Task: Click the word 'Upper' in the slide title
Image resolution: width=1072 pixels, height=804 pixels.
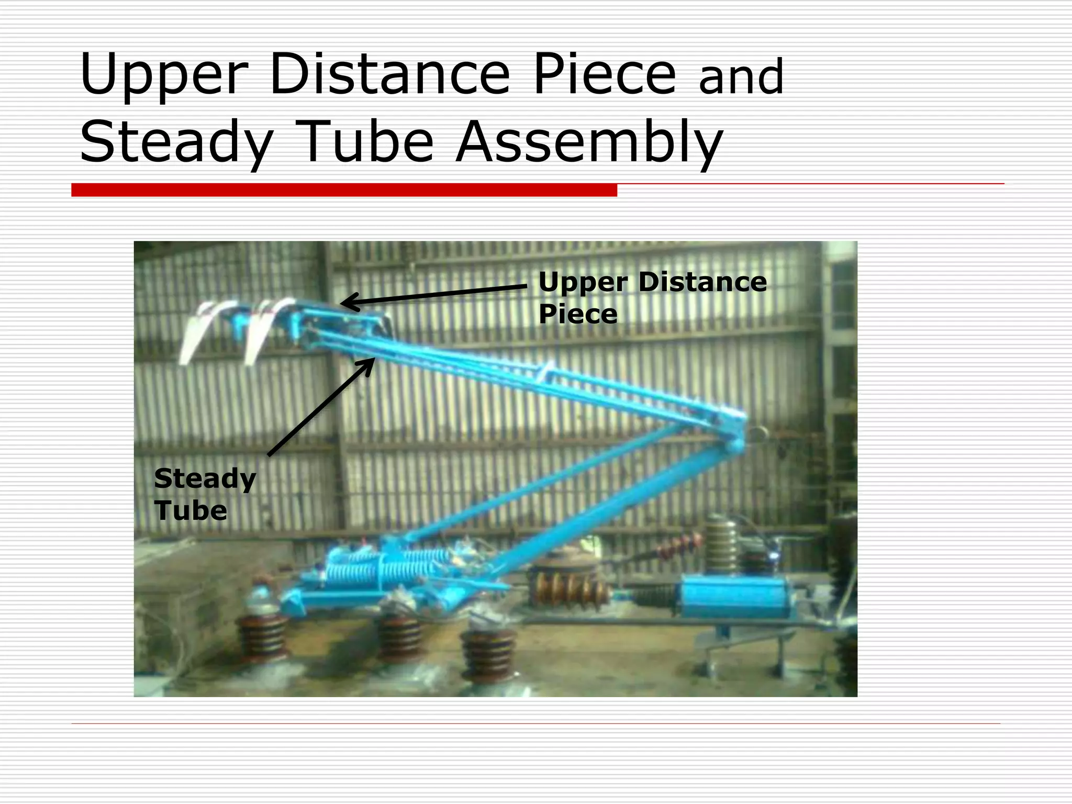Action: click(163, 74)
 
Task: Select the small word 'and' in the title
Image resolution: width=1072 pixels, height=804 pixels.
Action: click(741, 77)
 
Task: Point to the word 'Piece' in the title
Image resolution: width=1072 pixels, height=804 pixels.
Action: click(605, 74)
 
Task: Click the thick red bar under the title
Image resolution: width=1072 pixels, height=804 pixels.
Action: click(344, 190)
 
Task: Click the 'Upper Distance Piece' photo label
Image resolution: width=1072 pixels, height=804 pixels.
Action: click(652, 297)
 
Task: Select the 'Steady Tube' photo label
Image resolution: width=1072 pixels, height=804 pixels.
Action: click(204, 494)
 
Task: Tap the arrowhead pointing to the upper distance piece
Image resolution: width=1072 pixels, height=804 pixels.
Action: click(348, 303)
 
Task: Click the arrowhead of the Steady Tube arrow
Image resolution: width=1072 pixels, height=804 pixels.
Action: click(368, 364)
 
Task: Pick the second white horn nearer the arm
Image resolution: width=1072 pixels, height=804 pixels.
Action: click(264, 330)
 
